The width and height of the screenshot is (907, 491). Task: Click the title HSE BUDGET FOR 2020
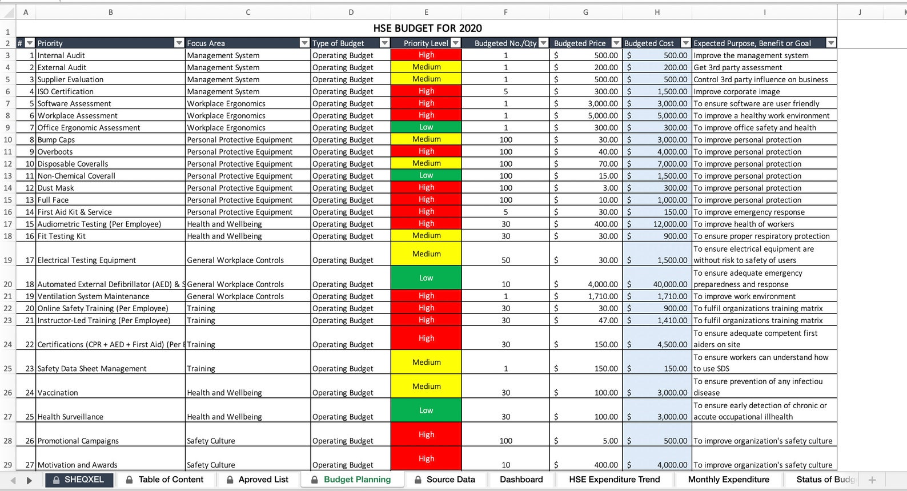pos(427,29)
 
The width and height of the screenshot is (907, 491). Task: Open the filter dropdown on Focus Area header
pos(304,43)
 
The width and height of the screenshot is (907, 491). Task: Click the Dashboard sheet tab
pos(521,480)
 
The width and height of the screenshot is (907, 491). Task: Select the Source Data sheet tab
pos(450,480)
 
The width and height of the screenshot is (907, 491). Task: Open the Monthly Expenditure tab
pos(728,480)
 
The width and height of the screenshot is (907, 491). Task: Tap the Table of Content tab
pos(170,480)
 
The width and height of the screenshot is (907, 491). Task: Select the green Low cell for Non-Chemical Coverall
pos(426,175)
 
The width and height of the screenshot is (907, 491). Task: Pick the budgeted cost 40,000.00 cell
pos(657,284)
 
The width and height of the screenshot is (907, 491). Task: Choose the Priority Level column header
pos(426,43)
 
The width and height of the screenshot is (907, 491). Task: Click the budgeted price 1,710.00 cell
pos(585,296)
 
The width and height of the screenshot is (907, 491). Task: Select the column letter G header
pos(585,12)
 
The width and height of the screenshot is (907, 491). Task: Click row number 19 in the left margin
pos(8,260)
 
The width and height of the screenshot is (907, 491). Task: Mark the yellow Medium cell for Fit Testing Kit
pos(426,235)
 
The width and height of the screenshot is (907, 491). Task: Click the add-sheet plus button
pos(872,480)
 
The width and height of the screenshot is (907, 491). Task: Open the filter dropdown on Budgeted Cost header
pos(686,43)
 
